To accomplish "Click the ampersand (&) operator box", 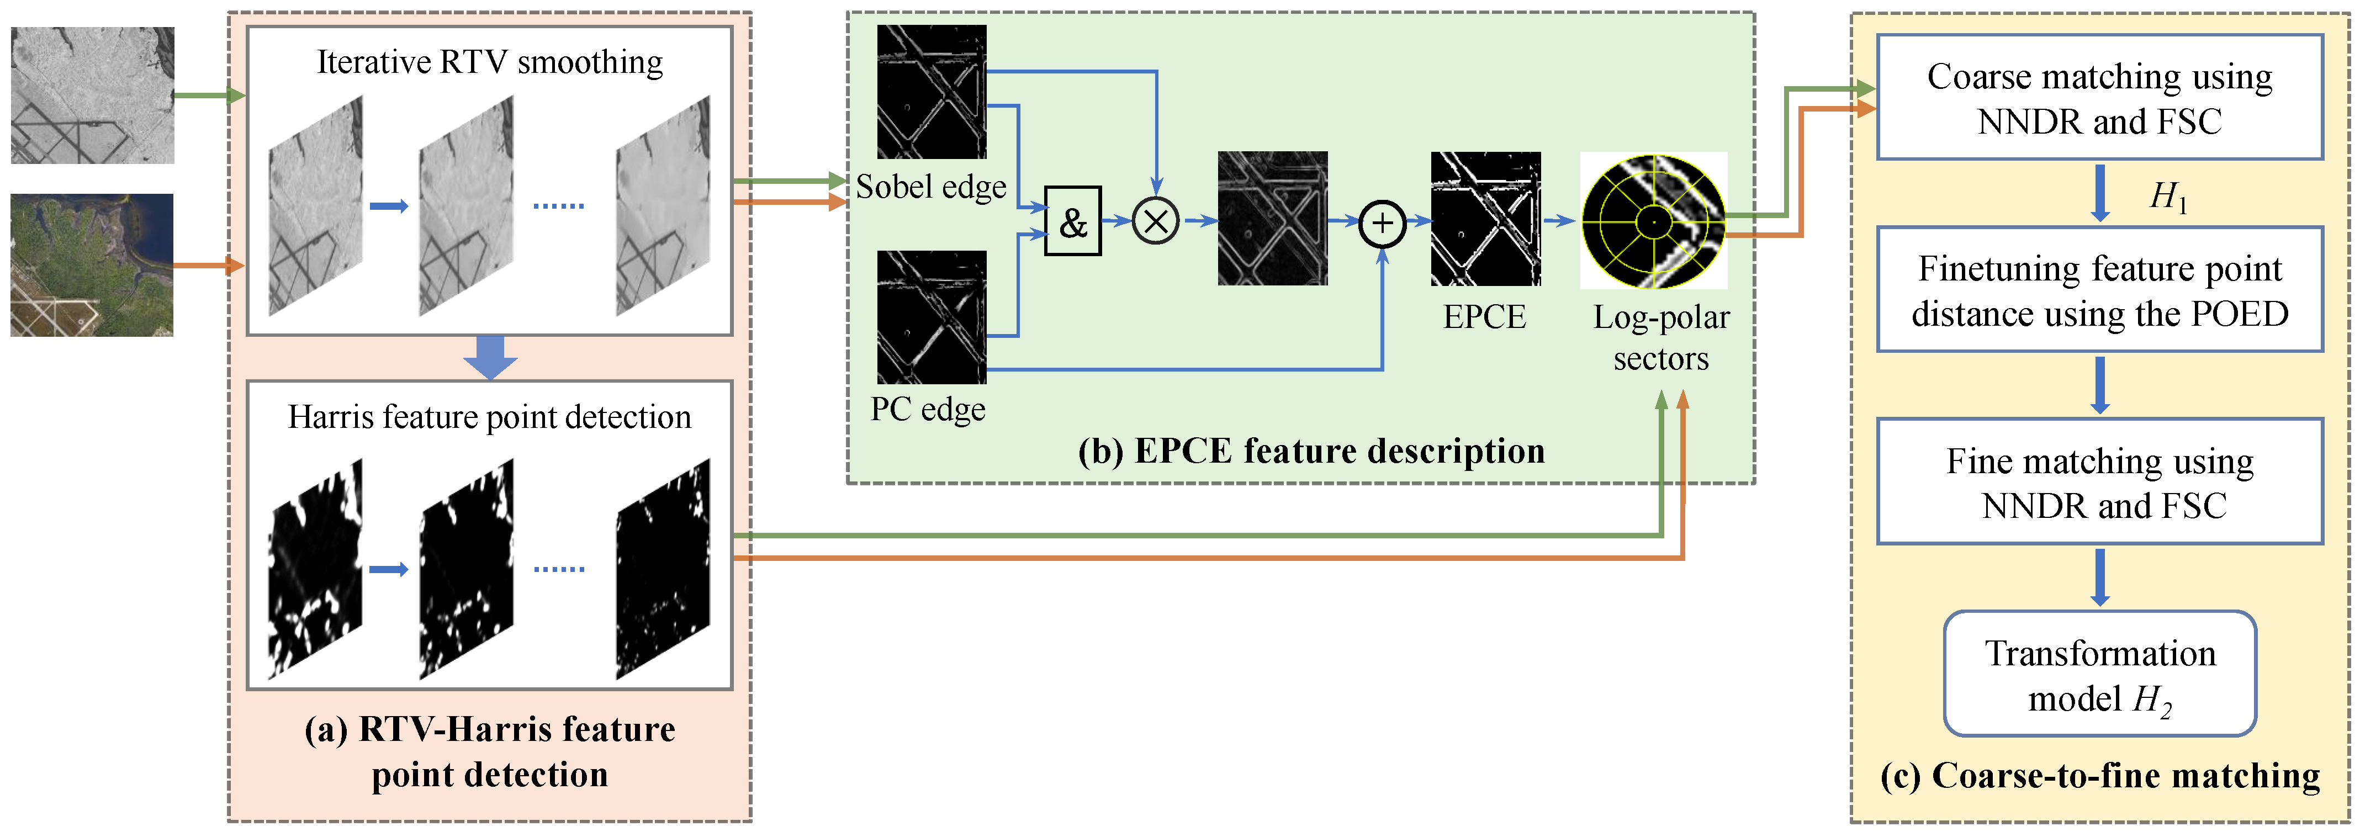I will [x=1073, y=221].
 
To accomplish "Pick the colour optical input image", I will [x=92, y=264].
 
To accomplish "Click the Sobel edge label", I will [x=931, y=187].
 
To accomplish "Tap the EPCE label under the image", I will [x=1484, y=317].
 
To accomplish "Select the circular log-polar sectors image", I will [x=1654, y=221].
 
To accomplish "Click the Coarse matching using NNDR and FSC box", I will [x=2100, y=98].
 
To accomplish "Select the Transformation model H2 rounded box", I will [x=2100, y=675].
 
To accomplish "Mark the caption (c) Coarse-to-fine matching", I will [x=2100, y=776].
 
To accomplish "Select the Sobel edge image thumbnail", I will [x=932, y=92].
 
